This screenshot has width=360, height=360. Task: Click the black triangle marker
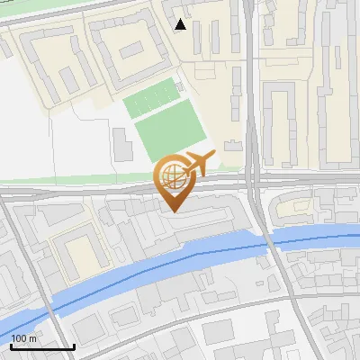coord(181,24)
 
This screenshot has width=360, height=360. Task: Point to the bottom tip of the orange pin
coord(173,211)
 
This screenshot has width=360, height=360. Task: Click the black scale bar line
coord(42,346)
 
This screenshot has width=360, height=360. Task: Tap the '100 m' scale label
coord(24,338)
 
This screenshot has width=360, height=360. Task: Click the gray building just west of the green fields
coord(121,141)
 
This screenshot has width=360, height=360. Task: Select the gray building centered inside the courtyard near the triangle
coord(132,48)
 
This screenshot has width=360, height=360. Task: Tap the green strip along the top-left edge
coord(54,11)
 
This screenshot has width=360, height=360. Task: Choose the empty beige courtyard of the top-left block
coord(49,58)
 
